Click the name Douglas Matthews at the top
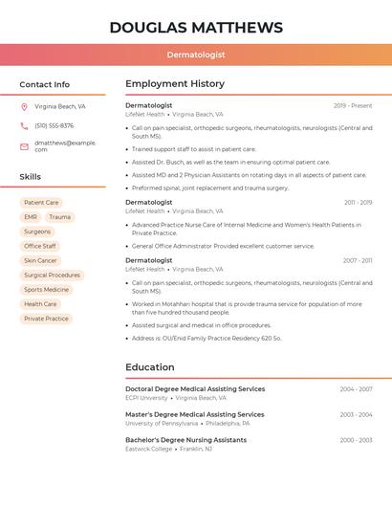coord(196,27)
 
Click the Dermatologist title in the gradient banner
coord(196,55)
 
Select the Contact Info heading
coord(45,84)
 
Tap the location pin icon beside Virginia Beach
coord(24,107)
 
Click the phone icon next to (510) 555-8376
coord(24,126)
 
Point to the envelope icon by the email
coord(24,146)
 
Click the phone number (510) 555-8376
coord(54,126)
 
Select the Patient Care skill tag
coord(41,203)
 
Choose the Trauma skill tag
coord(60,217)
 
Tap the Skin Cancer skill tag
coord(40,260)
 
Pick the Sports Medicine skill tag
coord(47,290)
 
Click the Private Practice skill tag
coord(46,319)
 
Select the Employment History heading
coord(175,84)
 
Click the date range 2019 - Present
coord(353,106)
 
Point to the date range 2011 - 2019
coord(358,203)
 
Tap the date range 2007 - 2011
coord(358,260)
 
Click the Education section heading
coord(150,367)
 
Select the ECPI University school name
coord(146,398)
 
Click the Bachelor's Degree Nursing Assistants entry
coord(185,440)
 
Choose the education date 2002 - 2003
coord(356,415)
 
